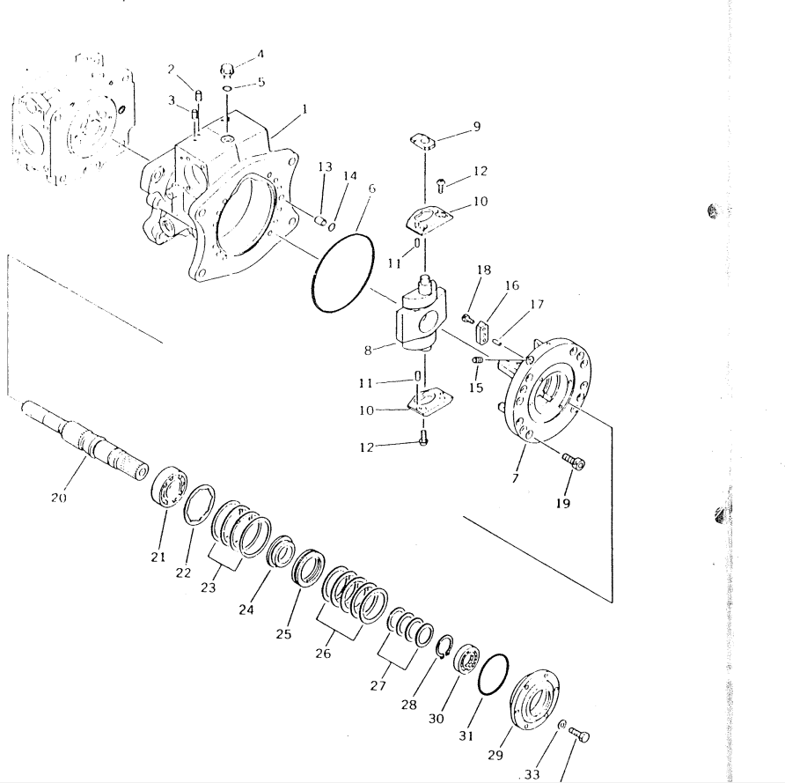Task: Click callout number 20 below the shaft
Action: coord(59,498)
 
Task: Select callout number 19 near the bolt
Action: coord(563,503)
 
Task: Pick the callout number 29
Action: coord(495,755)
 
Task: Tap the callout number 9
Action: coord(477,126)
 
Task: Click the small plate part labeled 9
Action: coord(423,141)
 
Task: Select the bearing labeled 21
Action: coord(169,487)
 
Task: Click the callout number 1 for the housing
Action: coord(304,108)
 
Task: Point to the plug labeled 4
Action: coord(227,70)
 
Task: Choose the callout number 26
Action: coord(323,654)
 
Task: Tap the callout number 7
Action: coord(516,478)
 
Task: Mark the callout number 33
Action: coord(532,774)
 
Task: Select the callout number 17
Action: coord(536,304)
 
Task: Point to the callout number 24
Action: coord(246,609)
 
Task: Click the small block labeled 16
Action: coord(482,333)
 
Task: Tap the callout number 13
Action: coord(325,166)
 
